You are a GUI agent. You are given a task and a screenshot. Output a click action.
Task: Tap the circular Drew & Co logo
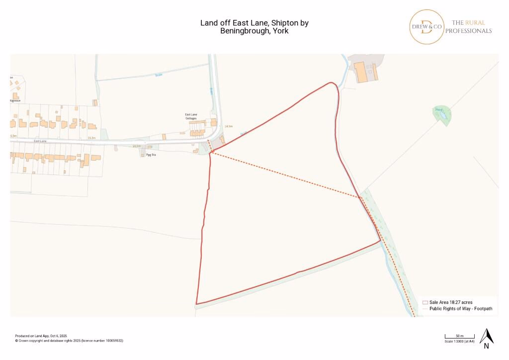[x=426, y=26]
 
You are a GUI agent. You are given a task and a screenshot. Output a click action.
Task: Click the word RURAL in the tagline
[x=475, y=22]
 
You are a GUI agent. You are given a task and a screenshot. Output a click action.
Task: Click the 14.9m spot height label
[x=229, y=126]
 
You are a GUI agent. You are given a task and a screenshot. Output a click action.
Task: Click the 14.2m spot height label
[x=137, y=146]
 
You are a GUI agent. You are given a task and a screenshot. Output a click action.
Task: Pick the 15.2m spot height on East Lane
[x=91, y=137]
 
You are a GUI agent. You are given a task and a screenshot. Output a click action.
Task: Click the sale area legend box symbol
[x=425, y=302]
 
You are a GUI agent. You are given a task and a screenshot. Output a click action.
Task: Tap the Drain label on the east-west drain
[x=159, y=75]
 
